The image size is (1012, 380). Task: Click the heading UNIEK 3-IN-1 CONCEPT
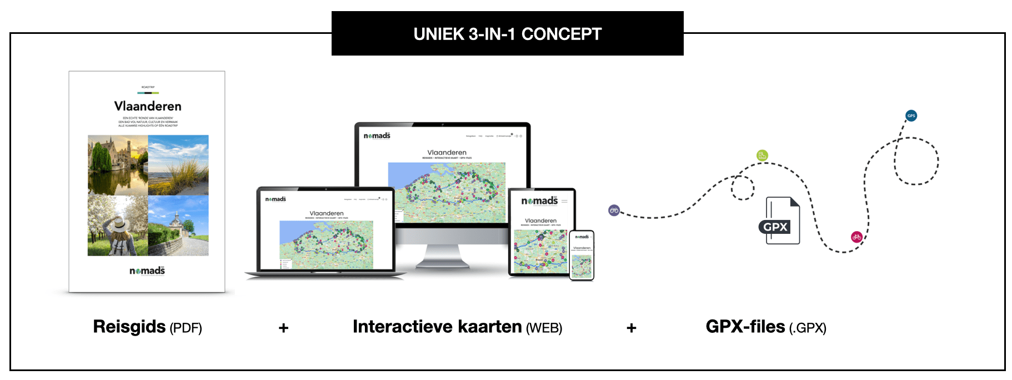[x=507, y=34]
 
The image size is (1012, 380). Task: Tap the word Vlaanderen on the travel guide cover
[x=148, y=106]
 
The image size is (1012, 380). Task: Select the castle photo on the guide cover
[x=118, y=164]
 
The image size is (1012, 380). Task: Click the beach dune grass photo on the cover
[x=178, y=164]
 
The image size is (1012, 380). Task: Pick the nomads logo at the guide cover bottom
[x=147, y=271]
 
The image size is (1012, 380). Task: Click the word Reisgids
[x=129, y=327]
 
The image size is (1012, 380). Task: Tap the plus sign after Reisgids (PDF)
[x=283, y=328]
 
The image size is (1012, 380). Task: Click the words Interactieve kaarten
[x=437, y=327]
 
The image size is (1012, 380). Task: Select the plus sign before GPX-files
[x=631, y=328]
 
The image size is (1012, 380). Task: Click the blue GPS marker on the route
[x=911, y=116]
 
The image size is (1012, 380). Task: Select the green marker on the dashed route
[x=762, y=155]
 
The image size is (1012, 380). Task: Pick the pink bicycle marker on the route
[x=856, y=237]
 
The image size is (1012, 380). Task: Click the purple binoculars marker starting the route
[x=614, y=210]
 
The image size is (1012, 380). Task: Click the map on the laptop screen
[x=326, y=244]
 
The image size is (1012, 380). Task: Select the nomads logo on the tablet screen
[x=539, y=201]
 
